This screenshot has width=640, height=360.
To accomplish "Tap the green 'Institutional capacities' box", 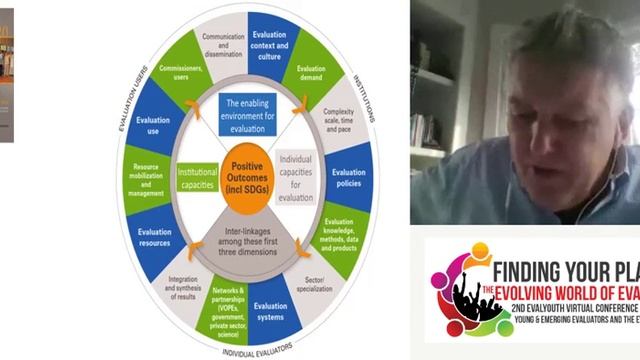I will coord(197,178).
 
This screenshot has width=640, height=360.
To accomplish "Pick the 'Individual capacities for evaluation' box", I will coord(296,178).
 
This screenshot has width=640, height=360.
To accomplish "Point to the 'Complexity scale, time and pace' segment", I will coord(342,118).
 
